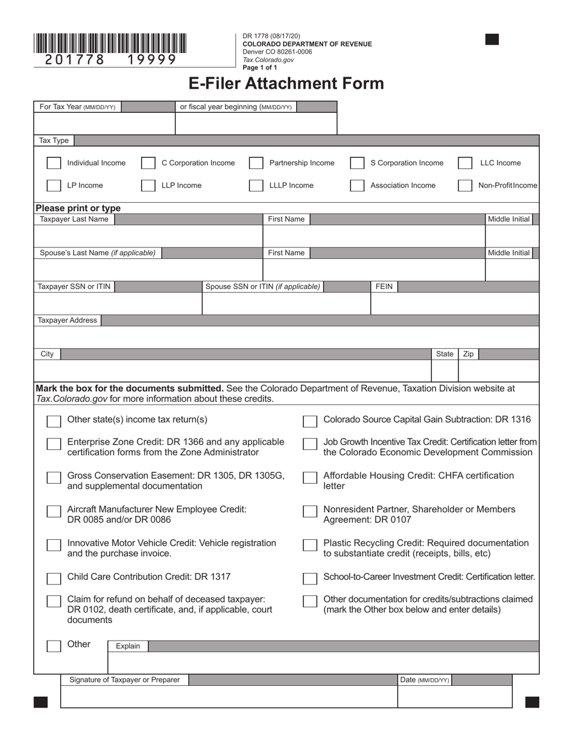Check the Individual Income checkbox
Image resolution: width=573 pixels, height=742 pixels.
[54, 163]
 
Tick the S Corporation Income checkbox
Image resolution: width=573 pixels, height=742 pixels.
[357, 163]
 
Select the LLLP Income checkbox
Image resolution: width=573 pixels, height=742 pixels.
[256, 186]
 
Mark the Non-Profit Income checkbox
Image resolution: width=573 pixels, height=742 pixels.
[464, 186]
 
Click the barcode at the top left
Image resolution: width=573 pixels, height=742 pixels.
[110, 43]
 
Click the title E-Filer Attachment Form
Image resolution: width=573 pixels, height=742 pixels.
[286, 83]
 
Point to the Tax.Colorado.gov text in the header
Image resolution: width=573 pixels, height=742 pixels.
[268, 60]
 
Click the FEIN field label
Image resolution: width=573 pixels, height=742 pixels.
[384, 287]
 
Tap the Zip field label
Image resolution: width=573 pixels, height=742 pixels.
[468, 354]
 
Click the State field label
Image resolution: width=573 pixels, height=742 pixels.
[445, 354]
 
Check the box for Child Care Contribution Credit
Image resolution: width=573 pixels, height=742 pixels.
[54, 579]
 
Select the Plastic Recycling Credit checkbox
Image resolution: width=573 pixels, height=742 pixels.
[310, 545]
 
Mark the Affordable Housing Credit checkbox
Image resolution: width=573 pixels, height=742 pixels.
[310, 478]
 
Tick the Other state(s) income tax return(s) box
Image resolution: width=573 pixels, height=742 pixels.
[54, 421]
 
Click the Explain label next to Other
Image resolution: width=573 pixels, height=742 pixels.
[128, 646]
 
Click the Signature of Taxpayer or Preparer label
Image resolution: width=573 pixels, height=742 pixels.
[124, 680]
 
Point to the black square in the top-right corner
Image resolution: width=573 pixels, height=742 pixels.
[492, 40]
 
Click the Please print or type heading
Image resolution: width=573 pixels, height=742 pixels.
[78, 208]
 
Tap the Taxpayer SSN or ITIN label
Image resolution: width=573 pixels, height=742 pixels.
[74, 287]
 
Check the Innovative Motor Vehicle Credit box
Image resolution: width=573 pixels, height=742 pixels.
[54, 545]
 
